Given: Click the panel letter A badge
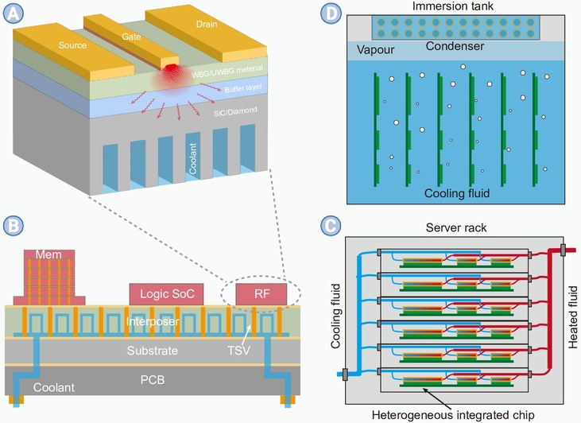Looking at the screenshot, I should (x=14, y=14).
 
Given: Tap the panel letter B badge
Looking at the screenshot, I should (x=14, y=226).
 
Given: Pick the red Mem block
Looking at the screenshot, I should (x=49, y=274).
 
